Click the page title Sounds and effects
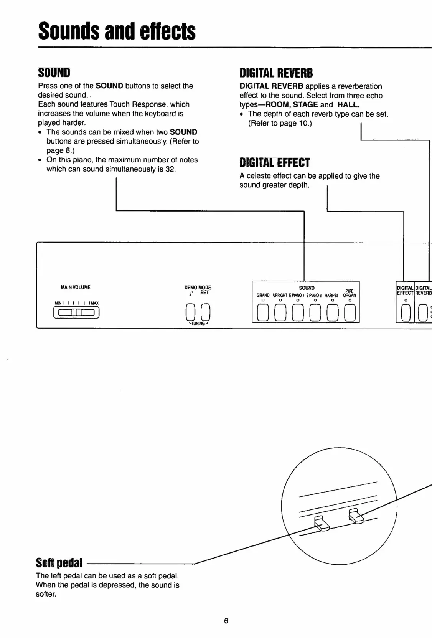[x=117, y=31]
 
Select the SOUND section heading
[x=54, y=73]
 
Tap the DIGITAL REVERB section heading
[x=276, y=73]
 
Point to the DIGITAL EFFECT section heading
[x=274, y=163]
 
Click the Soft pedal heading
[x=59, y=563]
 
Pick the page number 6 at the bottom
[x=226, y=621]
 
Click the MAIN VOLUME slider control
[x=77, y=313]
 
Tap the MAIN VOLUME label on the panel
[x=75, y=287]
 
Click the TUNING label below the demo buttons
[x=198, y=324]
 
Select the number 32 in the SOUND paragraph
[x=170, y=169]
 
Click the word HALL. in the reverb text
[x=348, y=104]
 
